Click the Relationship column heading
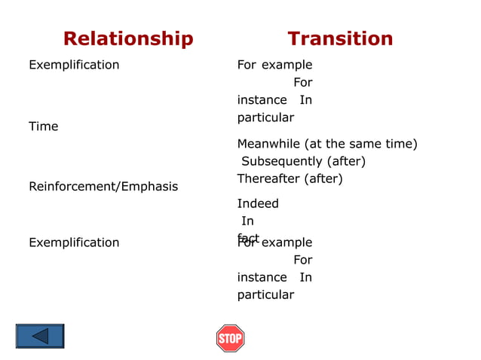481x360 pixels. coord(128,38)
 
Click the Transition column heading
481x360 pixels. coord(340,38)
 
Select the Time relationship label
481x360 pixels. coord(43,127)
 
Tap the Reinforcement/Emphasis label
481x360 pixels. coord(103,186)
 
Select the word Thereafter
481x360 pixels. coord(268,178)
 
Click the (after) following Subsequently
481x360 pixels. coord(345,161)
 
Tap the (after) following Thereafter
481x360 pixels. coord(323,178)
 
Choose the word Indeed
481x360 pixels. coord(258,203)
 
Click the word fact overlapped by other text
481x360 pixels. coord(248,239)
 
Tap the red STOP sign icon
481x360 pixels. coord(230,338)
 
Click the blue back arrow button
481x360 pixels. coord(40,336)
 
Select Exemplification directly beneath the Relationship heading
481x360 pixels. coord(74,65)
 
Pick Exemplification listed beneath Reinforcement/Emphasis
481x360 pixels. coord(74,243)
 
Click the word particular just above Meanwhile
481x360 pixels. coord(265,117)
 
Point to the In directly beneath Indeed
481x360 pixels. coord(247,221)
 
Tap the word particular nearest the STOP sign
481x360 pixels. coord(265,294)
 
